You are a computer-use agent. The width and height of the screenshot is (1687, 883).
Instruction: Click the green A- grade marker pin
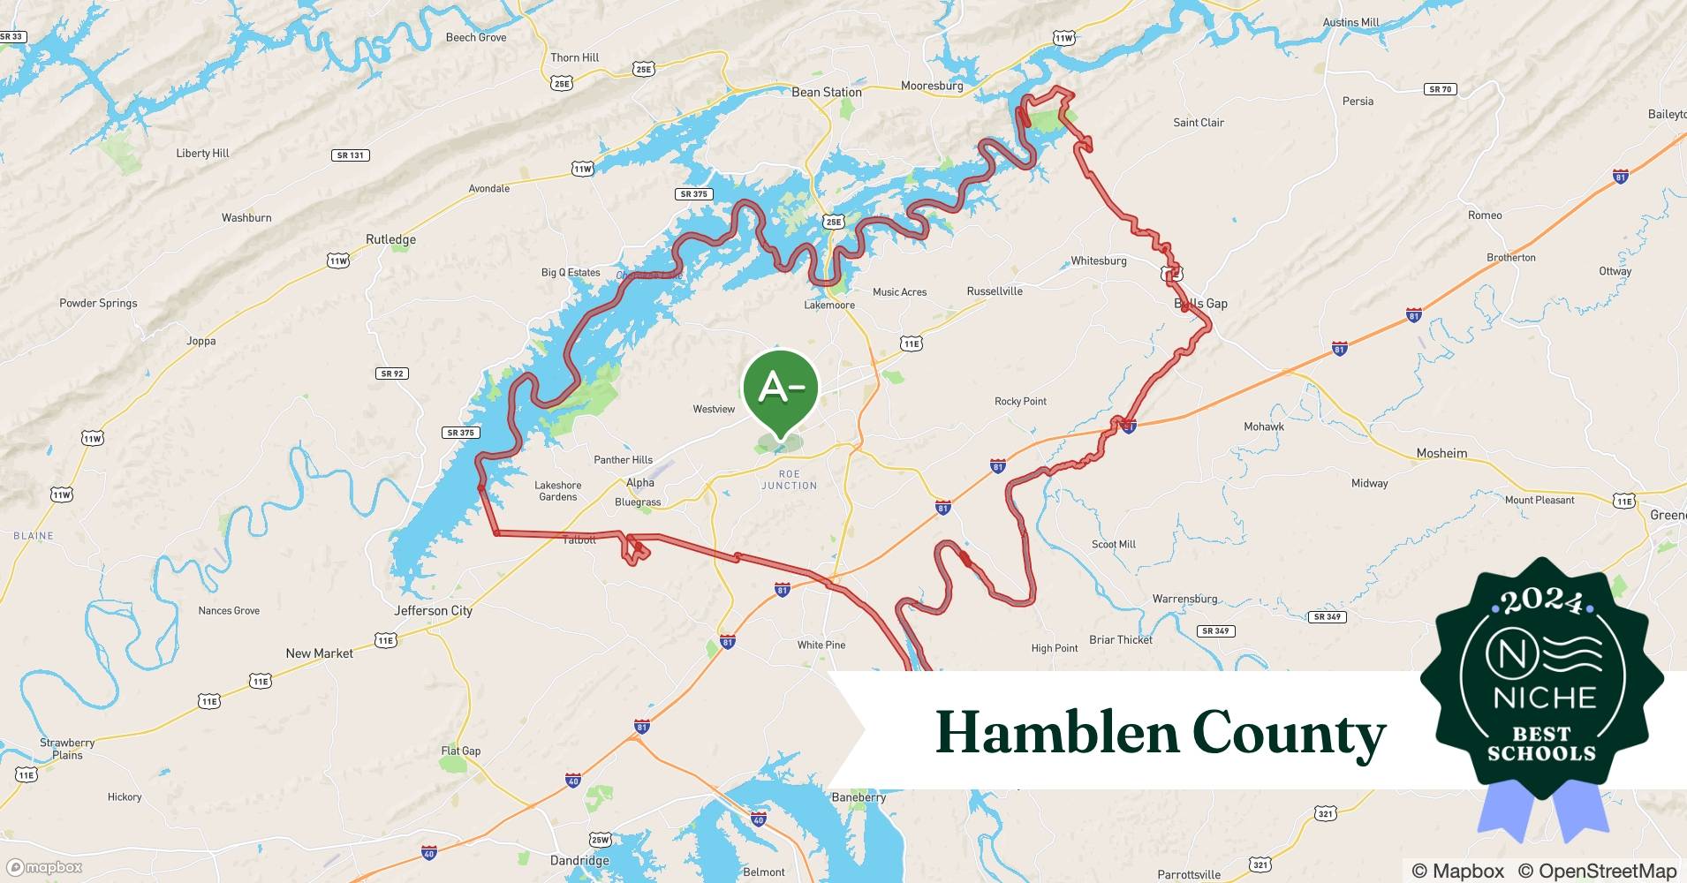point(781,389)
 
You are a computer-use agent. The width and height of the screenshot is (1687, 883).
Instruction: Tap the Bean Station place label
point(826,92)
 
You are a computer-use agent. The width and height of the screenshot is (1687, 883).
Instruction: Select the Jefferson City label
point(433,610)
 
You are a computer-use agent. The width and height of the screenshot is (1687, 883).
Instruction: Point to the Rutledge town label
point(390,239)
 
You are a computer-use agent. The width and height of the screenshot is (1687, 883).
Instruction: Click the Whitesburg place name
point(1098,260)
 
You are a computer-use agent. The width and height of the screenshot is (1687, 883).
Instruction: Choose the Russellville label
point(995,291)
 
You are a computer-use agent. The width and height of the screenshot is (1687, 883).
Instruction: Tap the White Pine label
point(821,645)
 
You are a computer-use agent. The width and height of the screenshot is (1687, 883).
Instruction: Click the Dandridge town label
point(579,860)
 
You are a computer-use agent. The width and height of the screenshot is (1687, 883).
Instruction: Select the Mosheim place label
point(1441,453)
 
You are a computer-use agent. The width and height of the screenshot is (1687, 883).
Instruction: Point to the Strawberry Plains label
point(67,749)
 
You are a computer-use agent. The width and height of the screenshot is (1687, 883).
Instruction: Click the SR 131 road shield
point(351,155)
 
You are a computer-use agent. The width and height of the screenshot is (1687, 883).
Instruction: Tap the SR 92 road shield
point(392,374)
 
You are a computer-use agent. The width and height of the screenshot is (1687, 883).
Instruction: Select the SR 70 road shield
point(1440,89)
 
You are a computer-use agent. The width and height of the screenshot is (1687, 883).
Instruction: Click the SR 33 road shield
point(12,37)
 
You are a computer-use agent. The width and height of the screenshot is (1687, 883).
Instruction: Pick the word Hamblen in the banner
point(1057,733)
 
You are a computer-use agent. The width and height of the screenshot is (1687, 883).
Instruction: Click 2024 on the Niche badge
point(1541,601)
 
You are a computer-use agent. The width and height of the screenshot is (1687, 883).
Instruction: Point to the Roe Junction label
point(790,479)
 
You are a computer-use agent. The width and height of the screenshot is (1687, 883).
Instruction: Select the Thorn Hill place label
point(574,57)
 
